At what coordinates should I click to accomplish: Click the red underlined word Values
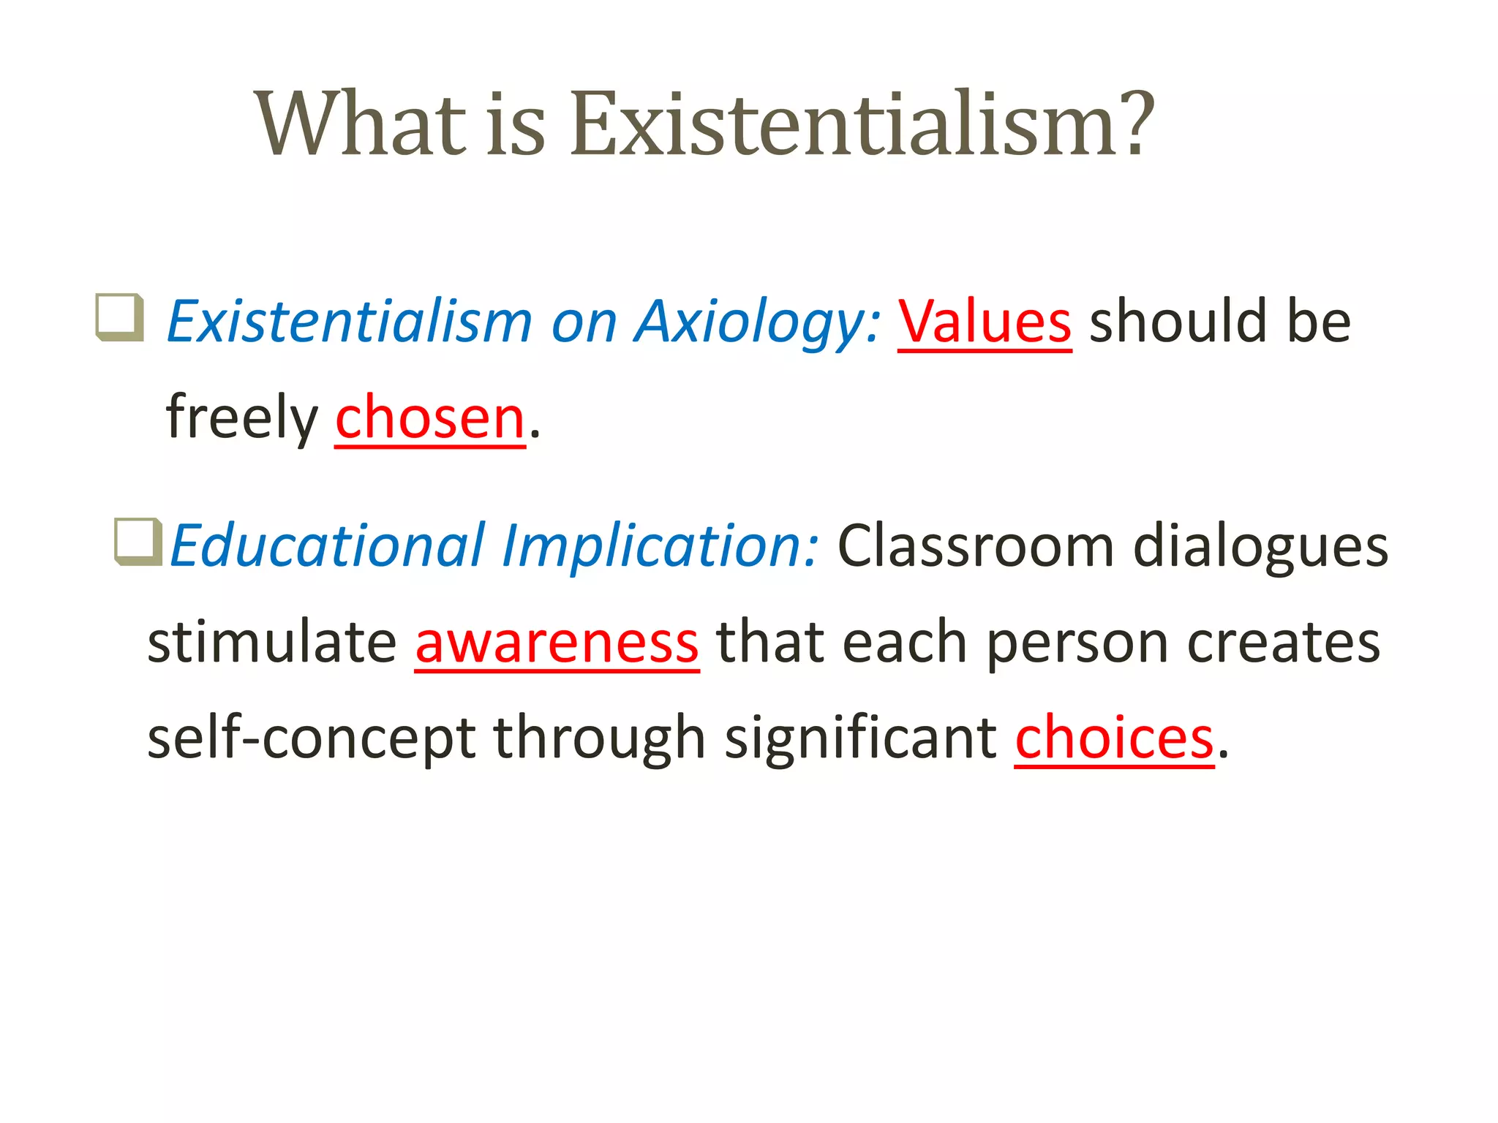click(x=985, y=322)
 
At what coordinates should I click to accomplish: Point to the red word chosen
click(x=430, y=418)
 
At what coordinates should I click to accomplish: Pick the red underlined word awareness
click(x=557, y=642)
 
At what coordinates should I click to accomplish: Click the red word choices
click(x=1114, y=738)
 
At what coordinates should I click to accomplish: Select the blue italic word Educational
click(x=328, y=546)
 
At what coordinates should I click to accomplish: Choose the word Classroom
click(x=976, y=546)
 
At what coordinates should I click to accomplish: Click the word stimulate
click(x=271, y=642)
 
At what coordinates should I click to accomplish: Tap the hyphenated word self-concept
click(x=312, y=738)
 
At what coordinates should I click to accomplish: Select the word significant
click(x=860, y=738)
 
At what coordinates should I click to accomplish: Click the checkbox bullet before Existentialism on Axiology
click(x=119, y=317)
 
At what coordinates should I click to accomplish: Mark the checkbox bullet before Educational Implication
click(x=138, y=541)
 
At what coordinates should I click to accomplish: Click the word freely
click(x=242, y=418)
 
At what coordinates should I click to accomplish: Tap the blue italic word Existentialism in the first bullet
click(x=350, y=322)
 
